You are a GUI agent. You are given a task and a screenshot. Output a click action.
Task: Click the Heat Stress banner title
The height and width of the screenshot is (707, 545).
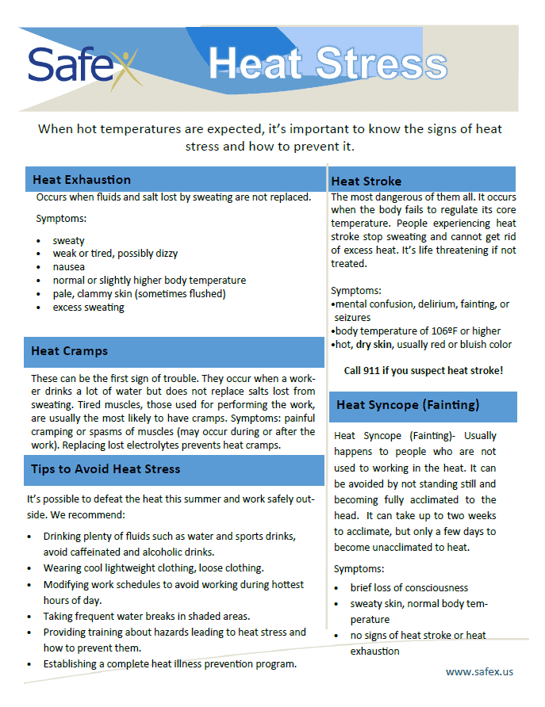(x=328, y=64)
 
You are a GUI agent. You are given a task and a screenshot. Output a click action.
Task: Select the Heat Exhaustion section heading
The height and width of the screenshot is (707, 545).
(x=82, y=180)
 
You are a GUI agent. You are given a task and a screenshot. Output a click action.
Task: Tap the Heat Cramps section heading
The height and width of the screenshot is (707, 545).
(x=70, y=351)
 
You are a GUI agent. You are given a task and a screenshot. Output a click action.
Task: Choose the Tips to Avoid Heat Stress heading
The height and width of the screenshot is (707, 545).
(x=106, y=469)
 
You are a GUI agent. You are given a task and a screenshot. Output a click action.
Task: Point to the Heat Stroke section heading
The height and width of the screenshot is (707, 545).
(x=367, y=182)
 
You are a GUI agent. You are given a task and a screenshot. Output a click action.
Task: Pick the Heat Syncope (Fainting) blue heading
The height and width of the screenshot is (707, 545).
(x=408, y=405)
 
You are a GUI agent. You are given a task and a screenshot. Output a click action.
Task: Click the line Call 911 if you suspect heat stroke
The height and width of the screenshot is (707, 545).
(x=424, y=370)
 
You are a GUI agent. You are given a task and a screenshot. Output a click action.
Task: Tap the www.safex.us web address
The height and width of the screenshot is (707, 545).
(x=479, y=671)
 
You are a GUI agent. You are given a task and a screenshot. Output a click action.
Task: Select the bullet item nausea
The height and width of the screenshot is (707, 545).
(x=69, y=267)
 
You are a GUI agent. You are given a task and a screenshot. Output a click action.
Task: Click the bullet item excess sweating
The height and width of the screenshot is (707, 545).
(x=89, y=308)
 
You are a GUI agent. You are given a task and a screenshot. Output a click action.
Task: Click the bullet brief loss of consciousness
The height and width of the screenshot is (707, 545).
(x=409, y=588)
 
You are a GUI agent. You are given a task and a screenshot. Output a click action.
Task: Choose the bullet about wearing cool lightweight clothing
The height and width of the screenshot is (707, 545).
(x=154, y=568)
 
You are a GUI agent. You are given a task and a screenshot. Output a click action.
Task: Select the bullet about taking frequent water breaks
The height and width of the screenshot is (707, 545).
(x=147, y=616)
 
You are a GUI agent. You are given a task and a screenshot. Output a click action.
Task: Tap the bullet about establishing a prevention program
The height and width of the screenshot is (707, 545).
(x=170, y=663)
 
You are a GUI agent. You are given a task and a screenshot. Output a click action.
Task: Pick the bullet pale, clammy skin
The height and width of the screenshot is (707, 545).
(x=140, y=294)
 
